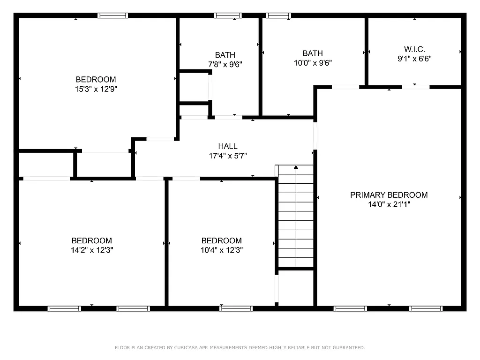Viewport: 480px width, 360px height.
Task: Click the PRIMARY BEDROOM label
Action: [x=389, y=195]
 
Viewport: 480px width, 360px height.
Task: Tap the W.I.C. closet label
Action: [x=414, y=49]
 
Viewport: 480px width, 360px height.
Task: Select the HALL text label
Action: [x=227, y=146]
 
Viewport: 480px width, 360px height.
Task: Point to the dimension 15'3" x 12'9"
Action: [x=96, y=89]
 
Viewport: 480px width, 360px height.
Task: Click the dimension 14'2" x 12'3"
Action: [x=91, y=250]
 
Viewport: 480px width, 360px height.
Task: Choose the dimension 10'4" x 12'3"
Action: [x=222, y=250]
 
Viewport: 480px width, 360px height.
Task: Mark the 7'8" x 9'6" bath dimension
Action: [x=225, y=64]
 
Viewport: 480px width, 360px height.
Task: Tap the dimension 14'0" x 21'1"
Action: [x=389, y=204]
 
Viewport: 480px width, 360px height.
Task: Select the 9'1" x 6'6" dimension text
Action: [x=414, y=59]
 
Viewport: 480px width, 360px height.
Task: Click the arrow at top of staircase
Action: [x=296, y=167]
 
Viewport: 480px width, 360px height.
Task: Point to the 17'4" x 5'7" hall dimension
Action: [x=227, y=156]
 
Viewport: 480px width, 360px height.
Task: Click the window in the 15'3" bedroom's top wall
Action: [x=112, y=15]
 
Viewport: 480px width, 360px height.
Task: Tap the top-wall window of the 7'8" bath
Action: [x=228, y=15]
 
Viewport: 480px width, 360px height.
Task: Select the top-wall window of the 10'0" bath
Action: [x=278, y=15]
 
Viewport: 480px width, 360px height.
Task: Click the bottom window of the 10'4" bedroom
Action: [x=236, y=308]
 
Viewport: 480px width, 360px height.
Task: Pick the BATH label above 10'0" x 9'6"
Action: [x=312, y=53]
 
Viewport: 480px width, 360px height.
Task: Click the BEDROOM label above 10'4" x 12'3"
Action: [x=222, y=241]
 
